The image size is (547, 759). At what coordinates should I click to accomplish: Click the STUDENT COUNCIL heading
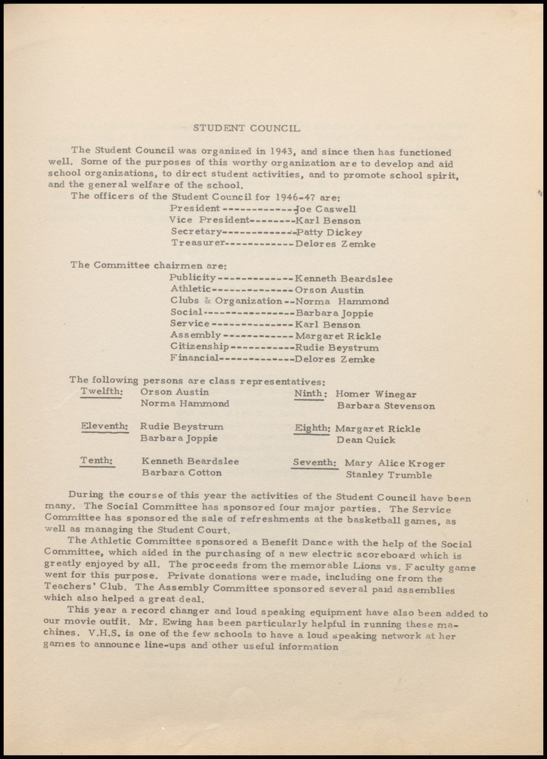tap(245, 128)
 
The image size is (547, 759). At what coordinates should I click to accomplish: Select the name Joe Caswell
tap(325, 209)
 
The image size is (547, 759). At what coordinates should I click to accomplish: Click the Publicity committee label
tap(193, 278)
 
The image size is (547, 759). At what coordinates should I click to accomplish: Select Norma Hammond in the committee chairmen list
tap(342, 301)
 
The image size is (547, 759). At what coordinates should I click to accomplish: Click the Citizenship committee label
tap(199, 347)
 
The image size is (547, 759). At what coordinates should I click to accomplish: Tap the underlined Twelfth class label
tap(101, 392)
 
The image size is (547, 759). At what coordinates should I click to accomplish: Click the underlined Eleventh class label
tap(104, 427)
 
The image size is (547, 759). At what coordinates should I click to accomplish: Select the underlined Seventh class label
tap(315, 463)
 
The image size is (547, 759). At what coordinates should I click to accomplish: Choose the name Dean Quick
tap(365, 440)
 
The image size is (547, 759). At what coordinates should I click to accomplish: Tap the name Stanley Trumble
tap(388, 475)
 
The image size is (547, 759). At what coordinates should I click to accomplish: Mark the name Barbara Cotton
tap(182, 472)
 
